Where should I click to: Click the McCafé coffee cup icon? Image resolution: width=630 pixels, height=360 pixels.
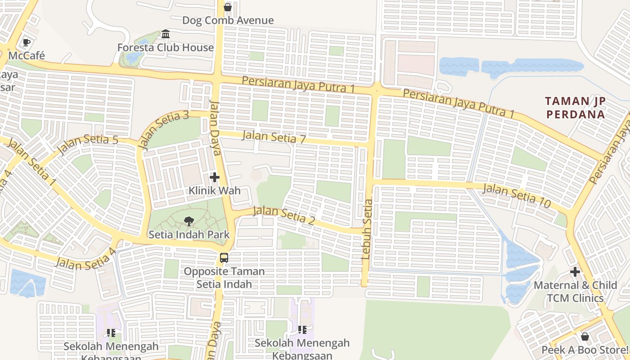click(x=27, y=42)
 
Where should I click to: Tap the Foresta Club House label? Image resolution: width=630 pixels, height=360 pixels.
click(x=166, y=47)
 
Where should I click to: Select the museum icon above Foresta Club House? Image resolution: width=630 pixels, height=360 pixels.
click(x=166, y=34)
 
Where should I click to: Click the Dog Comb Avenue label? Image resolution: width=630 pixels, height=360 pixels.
click(x=228, y=20)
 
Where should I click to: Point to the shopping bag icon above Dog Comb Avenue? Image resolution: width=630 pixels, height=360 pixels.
click(x=228, y=7)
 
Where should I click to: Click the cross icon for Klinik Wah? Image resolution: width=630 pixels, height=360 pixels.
click(x=215, y=177)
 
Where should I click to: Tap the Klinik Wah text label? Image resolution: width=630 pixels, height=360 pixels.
click(x=215, y=190)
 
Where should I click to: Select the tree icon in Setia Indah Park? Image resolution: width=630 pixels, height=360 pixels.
click(x=189, y=221)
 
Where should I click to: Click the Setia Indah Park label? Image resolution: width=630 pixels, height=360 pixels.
click(x=189, y=234)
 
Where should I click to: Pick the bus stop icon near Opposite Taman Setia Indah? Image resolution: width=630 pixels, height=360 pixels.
click(x=224, y=258)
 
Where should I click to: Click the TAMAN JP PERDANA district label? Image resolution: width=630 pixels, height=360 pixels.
click(x=576, y=108)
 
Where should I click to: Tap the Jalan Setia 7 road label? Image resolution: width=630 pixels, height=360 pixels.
click(x=274, y=137)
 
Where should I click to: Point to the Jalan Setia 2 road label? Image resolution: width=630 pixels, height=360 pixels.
click(x=284, y=216)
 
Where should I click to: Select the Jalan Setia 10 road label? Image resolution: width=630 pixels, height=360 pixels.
click(x=517, y=196)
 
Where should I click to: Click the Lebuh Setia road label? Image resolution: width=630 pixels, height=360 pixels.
click(x=367, y=229)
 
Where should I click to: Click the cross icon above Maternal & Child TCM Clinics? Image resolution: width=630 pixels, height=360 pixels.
click(x=575, y=272)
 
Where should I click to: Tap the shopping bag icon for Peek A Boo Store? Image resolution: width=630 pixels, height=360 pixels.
click(x=585, y=336)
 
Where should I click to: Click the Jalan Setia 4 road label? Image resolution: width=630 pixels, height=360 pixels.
click(x=85, y=259)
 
